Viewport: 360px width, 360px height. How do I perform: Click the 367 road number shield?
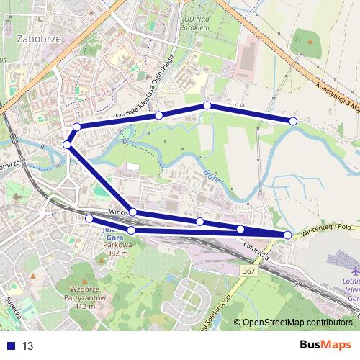249,271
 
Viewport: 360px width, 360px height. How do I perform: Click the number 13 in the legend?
28,346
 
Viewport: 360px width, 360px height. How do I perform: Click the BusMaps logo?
321,345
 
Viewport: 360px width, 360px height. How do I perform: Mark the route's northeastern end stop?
293,121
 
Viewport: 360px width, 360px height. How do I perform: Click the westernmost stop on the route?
67,145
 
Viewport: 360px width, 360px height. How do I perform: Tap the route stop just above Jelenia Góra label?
89,218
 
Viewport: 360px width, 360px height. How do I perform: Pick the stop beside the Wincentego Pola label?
288,235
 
